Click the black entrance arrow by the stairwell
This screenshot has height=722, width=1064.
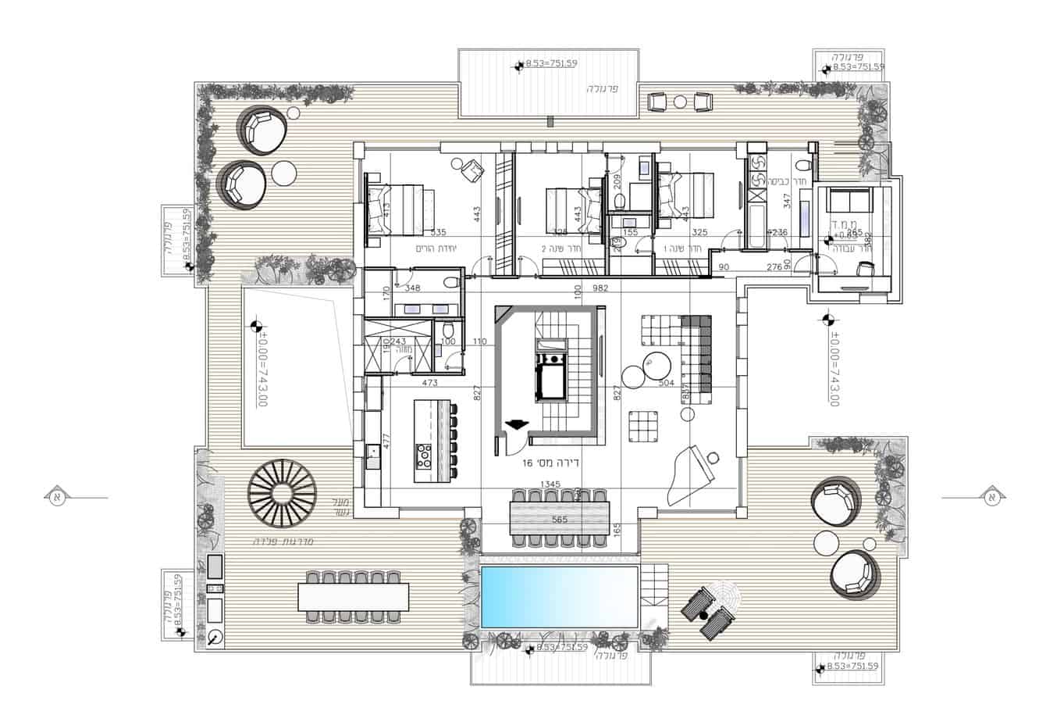pos(514,425)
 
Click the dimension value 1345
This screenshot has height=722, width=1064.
pos(550,484)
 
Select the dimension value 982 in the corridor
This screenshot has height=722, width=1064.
pos(600,288)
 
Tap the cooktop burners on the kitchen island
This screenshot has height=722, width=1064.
pos(425,455)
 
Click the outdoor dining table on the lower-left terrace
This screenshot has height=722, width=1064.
pos(354,598)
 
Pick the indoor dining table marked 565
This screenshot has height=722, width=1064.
pos(558,519)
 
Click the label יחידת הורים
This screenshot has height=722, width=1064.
pos(436,248)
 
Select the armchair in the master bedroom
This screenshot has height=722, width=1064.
pos(471,170)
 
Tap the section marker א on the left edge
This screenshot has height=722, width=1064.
pos(56,496)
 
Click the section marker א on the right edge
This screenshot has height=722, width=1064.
pos(991,496)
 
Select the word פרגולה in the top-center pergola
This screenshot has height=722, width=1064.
pos(603,89)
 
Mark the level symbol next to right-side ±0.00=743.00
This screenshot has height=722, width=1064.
pos(828,319)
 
